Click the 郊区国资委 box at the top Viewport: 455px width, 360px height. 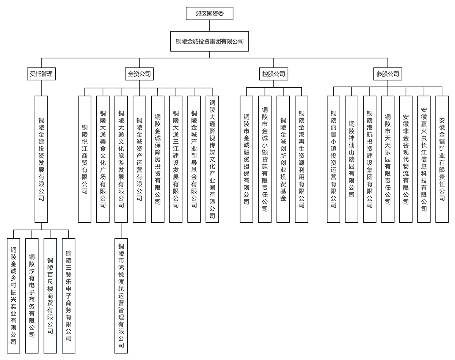tap(209, 14)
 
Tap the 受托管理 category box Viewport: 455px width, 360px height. tap(41, 74)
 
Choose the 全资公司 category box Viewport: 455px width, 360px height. tap(139, 74)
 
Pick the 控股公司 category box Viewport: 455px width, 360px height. tap(274, 74)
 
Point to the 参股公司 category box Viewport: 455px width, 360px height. tap(388, 74)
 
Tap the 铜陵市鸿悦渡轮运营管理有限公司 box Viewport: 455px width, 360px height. tap(121, 296)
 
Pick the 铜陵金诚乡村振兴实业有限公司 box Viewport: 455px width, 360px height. tap(14, 296)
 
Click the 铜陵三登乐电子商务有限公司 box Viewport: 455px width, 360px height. tap(69, 296)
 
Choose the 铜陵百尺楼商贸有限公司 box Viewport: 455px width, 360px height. tap(50, 296)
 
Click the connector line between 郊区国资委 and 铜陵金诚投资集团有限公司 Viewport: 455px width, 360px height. tap(209, 25)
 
